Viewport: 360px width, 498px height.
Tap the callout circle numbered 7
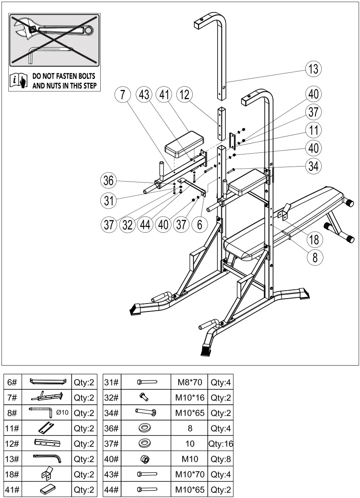(122, 95)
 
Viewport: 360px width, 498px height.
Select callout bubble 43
(144, 95)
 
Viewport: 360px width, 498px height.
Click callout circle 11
(314, 130)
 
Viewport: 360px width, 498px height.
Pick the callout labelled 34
(314, 166)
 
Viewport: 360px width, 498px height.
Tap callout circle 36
(109, 181)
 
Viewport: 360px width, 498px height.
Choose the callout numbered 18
(315, 239)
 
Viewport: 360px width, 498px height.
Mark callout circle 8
(315, 257)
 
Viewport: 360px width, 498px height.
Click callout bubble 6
(200, 224)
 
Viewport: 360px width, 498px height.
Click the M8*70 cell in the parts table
(189, 382)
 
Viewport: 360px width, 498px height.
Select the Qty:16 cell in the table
(221, 444)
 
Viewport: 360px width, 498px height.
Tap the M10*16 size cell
(189, 397)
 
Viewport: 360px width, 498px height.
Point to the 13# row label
(12, 459)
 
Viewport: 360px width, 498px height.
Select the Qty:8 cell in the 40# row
(221, 459)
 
